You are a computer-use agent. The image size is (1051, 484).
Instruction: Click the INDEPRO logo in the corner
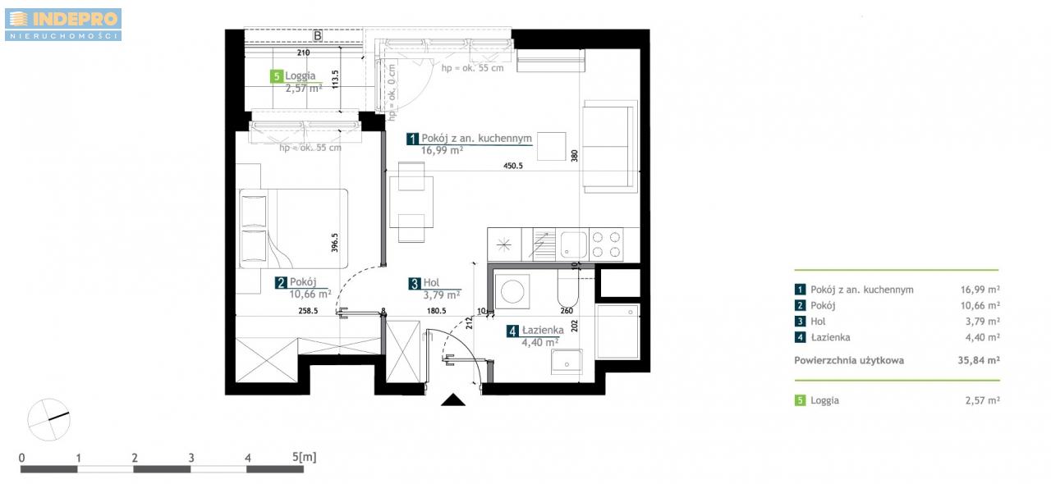(x=63, y=25)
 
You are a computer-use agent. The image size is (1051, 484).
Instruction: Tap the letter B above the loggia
(x=318, y=35)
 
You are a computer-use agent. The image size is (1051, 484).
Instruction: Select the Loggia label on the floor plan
(x=301, y=75)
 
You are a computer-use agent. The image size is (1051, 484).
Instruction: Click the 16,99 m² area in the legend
(x=980, y=290)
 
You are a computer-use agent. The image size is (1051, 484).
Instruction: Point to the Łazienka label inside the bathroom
(x=543, y=330)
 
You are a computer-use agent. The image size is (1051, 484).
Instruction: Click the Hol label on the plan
(x=431, y=282)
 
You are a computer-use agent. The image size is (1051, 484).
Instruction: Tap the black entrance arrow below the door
(x=452, y=400)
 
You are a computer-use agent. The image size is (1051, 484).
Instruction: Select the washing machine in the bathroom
(x=512, y=291)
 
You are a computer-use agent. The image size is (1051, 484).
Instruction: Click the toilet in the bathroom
(x=567, y=287)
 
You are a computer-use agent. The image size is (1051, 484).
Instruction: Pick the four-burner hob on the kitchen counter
(x=606, y=244)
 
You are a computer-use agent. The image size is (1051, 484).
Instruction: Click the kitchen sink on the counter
(x=572, y=244)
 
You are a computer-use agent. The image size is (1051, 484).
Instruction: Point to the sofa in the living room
(x=610, y=146)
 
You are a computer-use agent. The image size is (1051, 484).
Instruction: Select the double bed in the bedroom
(x=294, y=228)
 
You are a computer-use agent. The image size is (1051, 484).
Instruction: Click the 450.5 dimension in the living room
(x=513, y=166)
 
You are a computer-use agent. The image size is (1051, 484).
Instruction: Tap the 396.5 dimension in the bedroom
(x=334, y=243)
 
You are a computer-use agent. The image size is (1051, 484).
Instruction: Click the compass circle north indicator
(x=48, y=420)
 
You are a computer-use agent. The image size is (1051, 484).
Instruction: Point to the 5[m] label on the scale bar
(x=305, y=456)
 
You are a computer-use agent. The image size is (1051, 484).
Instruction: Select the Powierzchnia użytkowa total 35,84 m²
(x=979, y=360)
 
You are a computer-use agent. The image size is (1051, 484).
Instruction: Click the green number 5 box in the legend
(x=800, y=400)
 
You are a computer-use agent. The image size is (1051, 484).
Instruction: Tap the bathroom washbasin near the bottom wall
(x=567, y=362)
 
